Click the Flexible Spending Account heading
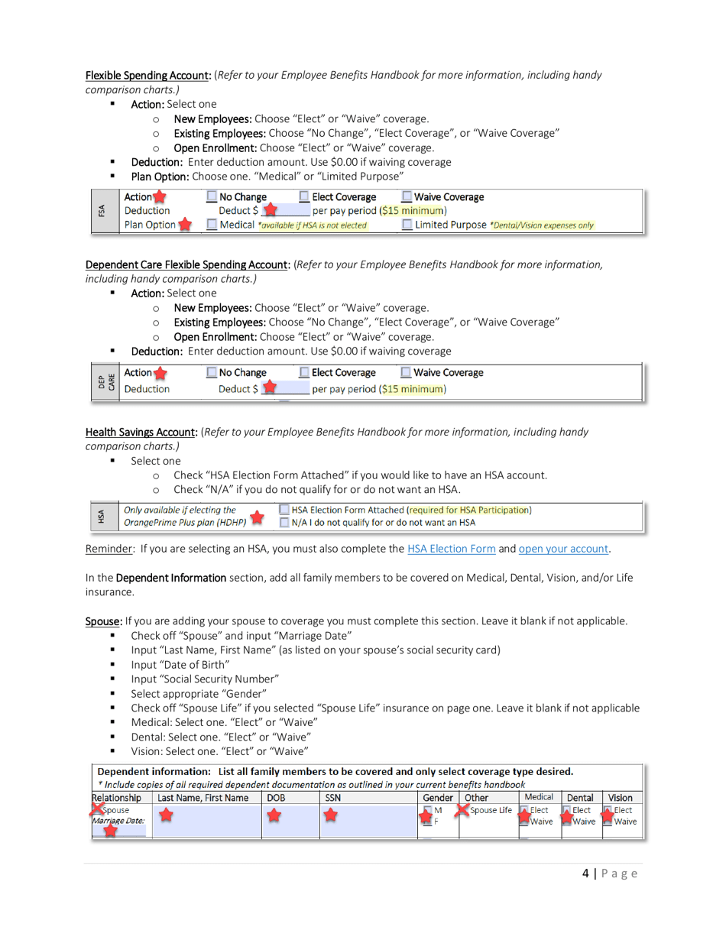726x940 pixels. [148, 75]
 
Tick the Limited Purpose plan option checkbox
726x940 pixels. [407, 225]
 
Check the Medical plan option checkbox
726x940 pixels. [213, 225]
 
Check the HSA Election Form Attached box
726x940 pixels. [284, 510]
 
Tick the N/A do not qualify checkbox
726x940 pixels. [284, 523]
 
